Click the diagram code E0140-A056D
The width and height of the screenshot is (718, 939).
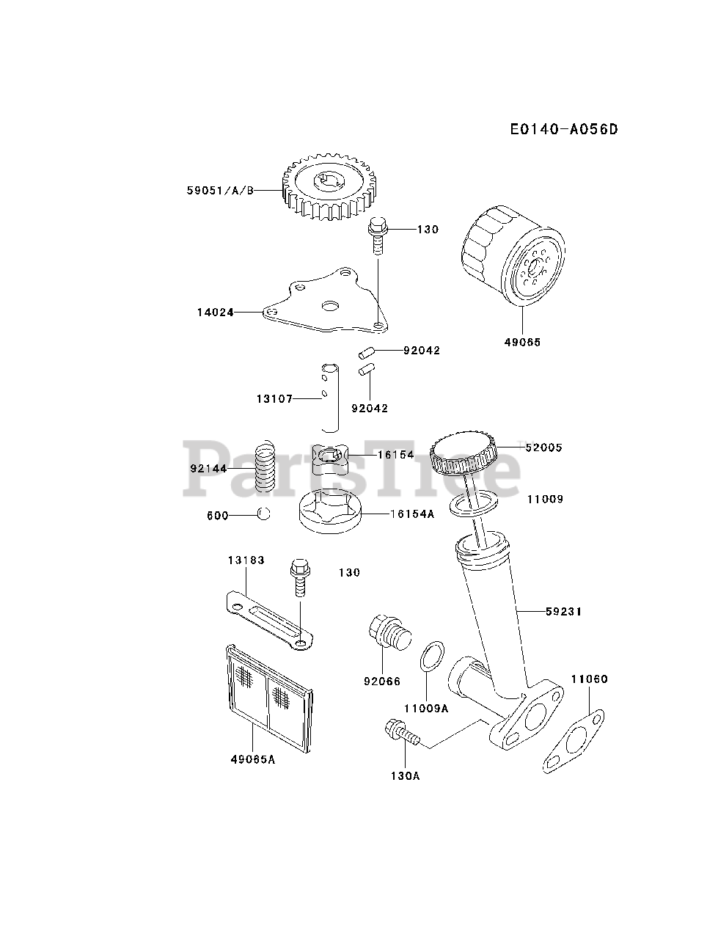pyautogui.click(x=564, y=130)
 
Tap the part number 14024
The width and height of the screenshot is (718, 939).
pyautogui.click(x=215, y=312)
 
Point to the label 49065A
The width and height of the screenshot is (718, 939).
pyautogui.click(x=252, y=759)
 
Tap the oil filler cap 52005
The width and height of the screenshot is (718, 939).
pyautogui.click(x=464, y=455)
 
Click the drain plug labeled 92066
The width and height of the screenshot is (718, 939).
pyautogui.click(x=388, y=635)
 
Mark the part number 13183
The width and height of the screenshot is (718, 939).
pyautogui.click(x=246, y=560)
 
